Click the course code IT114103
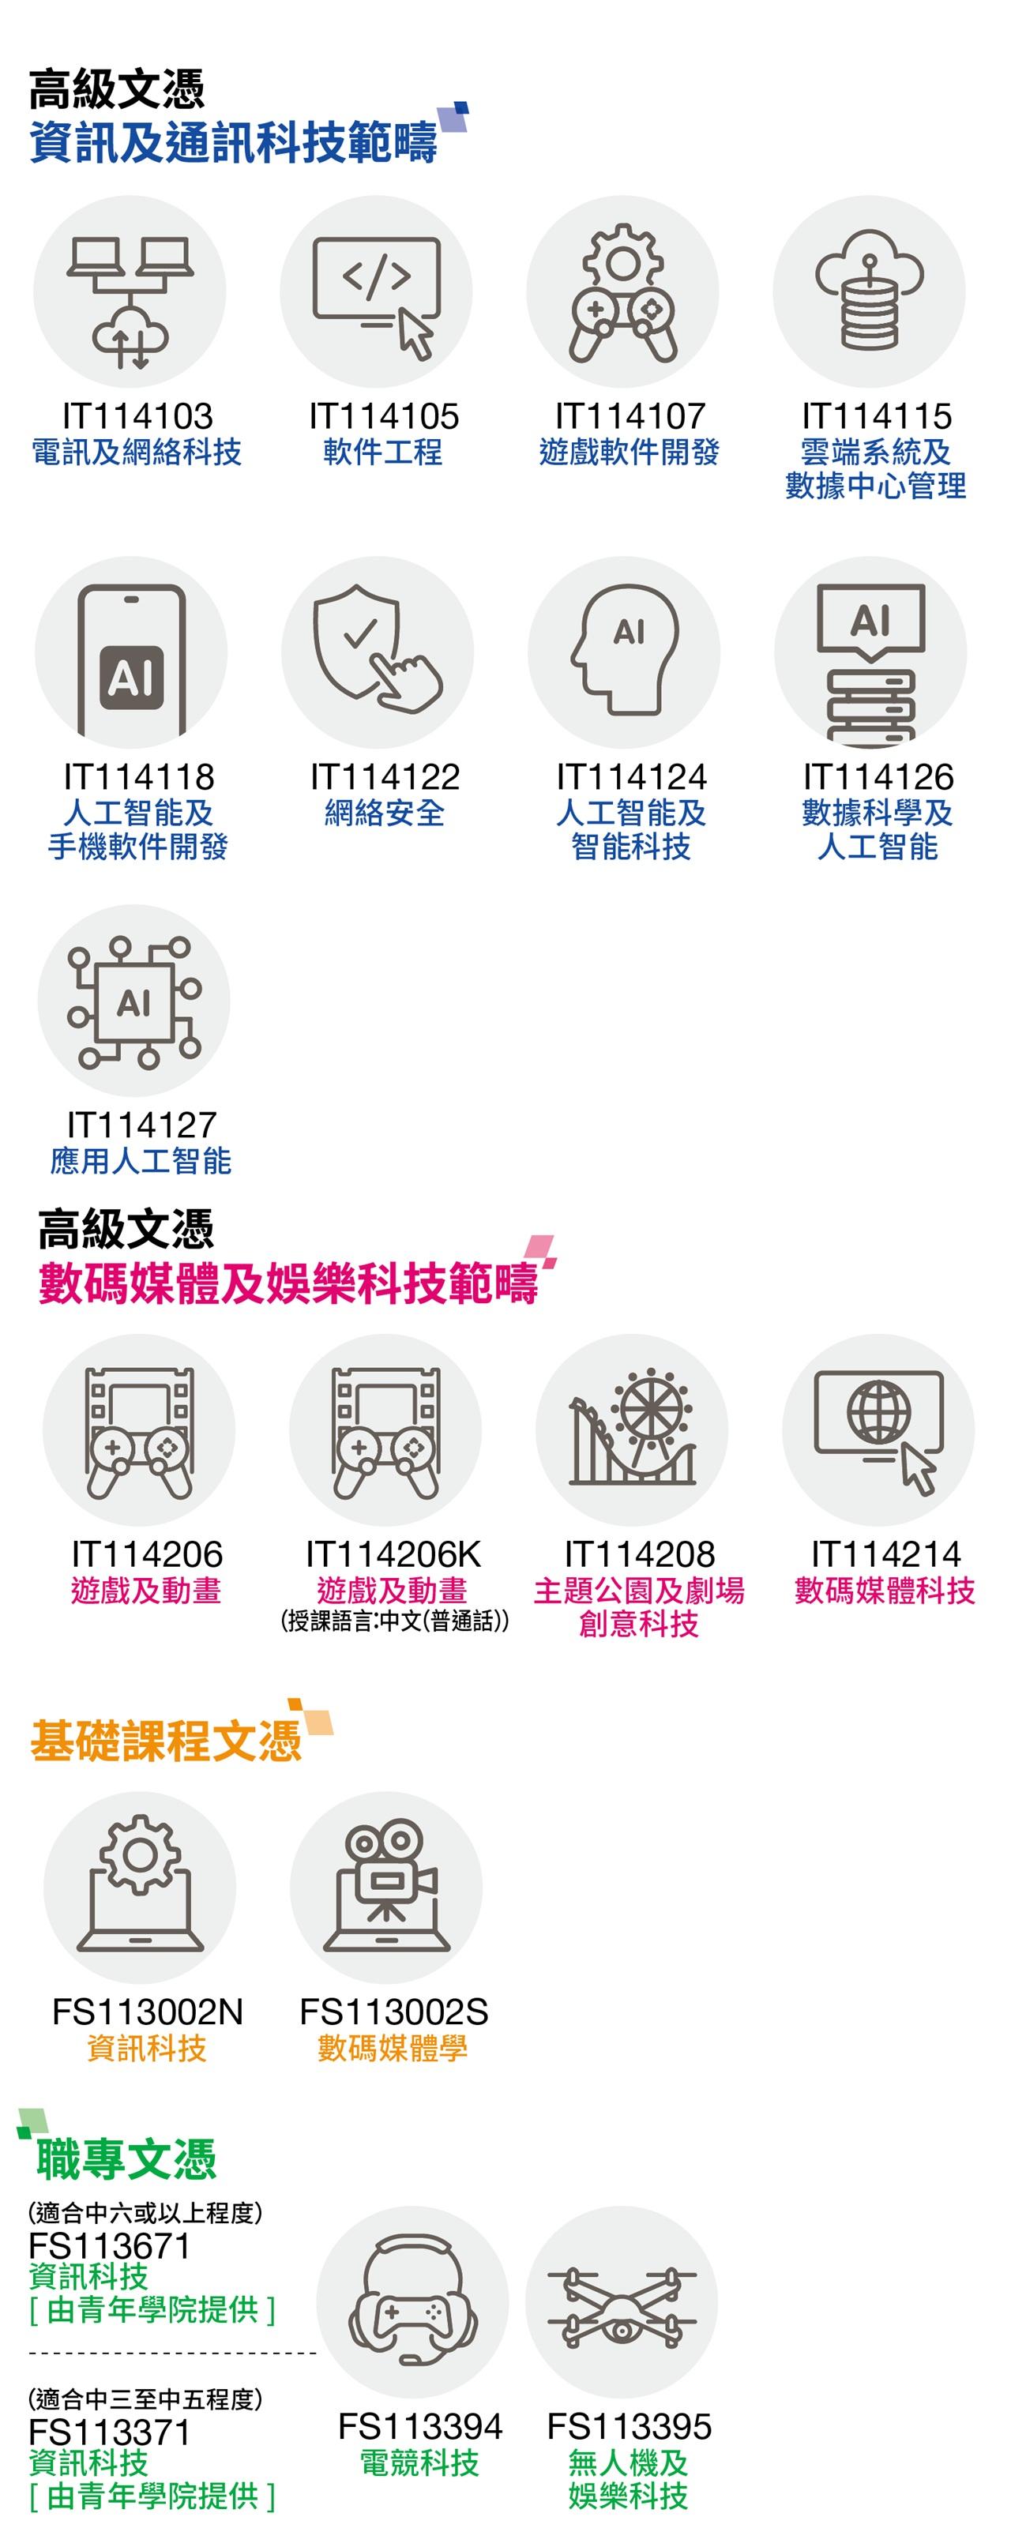[x=137, y=416]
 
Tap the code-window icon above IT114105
[x=377, y=291]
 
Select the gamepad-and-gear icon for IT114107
[x=623, y=291]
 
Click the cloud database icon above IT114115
[x=870, y=291]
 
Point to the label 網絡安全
[x=385, y=813]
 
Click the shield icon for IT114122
[x=378, y=652]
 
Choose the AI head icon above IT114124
[x=624, y=652]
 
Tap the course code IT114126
[x=878, y=777]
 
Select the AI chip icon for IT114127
[x=134, y=1001]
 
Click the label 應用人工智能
[x=141, y=1161]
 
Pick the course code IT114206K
[x=393, y=1555]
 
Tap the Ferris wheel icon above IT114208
[x=632, y=1429]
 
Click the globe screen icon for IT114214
[x=878, y=1429]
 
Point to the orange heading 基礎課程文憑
[x=166, y=1740]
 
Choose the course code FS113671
[x=109, y=2245]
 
